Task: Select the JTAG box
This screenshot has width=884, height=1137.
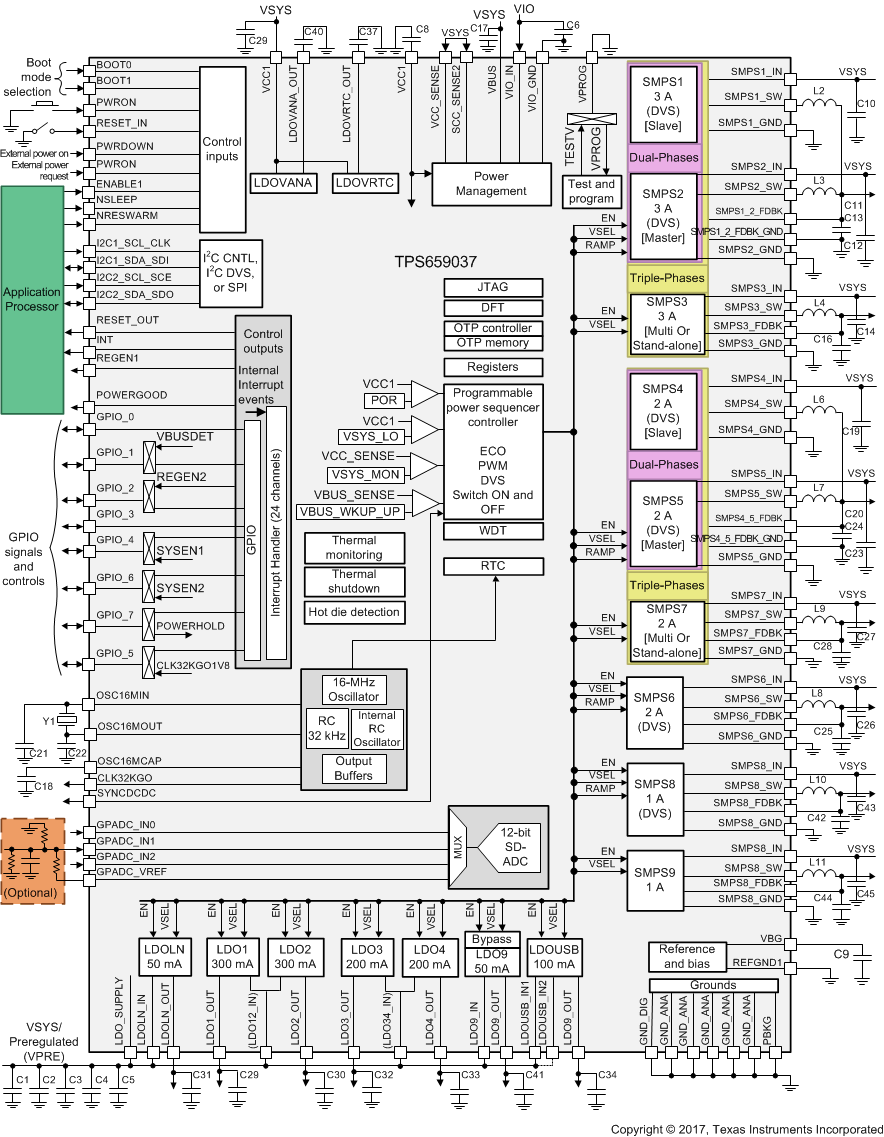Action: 493,287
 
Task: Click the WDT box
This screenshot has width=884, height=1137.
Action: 493,531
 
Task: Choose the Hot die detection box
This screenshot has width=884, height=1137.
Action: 354,612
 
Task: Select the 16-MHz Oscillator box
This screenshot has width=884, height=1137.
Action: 354,690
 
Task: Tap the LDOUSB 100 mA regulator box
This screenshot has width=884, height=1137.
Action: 554,956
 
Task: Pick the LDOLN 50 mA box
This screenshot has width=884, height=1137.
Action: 164,956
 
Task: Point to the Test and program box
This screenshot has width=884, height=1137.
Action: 590,191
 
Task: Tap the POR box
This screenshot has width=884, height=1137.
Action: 384,400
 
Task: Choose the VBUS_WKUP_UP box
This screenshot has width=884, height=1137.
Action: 349,511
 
